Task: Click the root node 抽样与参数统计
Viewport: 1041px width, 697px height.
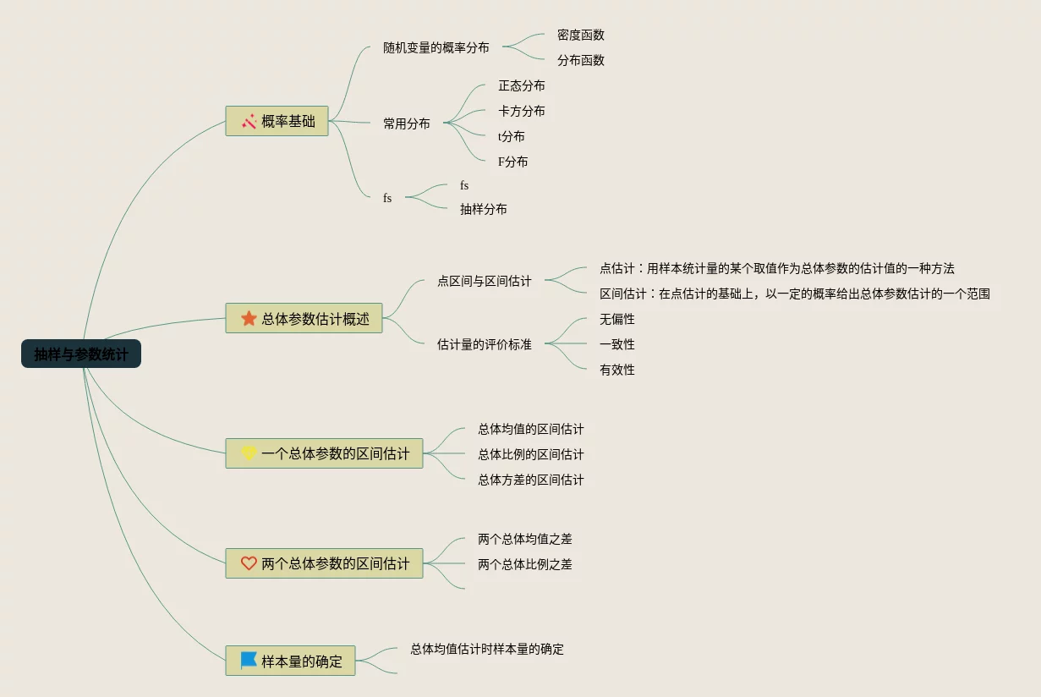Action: (81, 354)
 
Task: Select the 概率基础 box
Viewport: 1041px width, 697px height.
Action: (277, 121)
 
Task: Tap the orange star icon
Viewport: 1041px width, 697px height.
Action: (249, 318)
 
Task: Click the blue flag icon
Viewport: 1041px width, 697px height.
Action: (249, 660)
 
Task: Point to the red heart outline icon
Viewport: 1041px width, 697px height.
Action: (249, 563)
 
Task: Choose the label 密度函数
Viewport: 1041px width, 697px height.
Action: (580, 36)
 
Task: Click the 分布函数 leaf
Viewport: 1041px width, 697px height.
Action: (580, 61)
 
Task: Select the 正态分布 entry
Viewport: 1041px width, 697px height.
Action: (521, 86)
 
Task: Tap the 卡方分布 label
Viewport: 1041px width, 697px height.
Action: (521, 112)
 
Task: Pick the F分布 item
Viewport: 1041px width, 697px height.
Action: (512, 162)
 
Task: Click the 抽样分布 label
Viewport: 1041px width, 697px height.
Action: (483, 209)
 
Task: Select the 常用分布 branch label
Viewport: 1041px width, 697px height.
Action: (406, 123)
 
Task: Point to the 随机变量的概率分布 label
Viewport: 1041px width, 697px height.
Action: (436, 47)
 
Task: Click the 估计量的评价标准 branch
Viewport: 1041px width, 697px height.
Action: (484, 344)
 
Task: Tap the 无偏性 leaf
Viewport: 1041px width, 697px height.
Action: (616, 319)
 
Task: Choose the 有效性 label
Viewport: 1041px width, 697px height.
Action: (616, 370)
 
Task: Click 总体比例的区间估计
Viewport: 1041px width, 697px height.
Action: (530, 454)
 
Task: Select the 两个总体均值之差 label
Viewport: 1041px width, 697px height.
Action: (524, 539)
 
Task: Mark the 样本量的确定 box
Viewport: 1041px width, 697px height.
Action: (290, 661)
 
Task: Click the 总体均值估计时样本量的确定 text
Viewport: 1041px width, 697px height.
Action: (487, 649)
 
